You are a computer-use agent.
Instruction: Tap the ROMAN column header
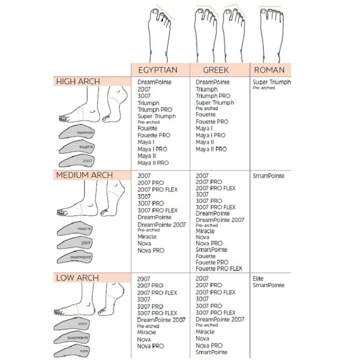tap(269, 70)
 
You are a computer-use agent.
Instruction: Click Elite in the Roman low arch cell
tap(258, 278)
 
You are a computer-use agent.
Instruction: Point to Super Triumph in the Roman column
tap(272, 82)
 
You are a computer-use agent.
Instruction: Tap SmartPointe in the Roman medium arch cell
tap(268, 175)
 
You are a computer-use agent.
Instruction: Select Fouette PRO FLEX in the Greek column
tap(219, 268)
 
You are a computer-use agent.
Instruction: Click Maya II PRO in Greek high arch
tap(211, 149)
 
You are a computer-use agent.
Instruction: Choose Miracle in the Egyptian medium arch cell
tap(147, 236)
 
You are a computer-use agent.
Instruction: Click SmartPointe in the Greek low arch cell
tap(211, 352)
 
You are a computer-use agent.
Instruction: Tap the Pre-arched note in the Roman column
tap(264, 88)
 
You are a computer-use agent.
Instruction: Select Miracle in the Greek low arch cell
tap(205, 331)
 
